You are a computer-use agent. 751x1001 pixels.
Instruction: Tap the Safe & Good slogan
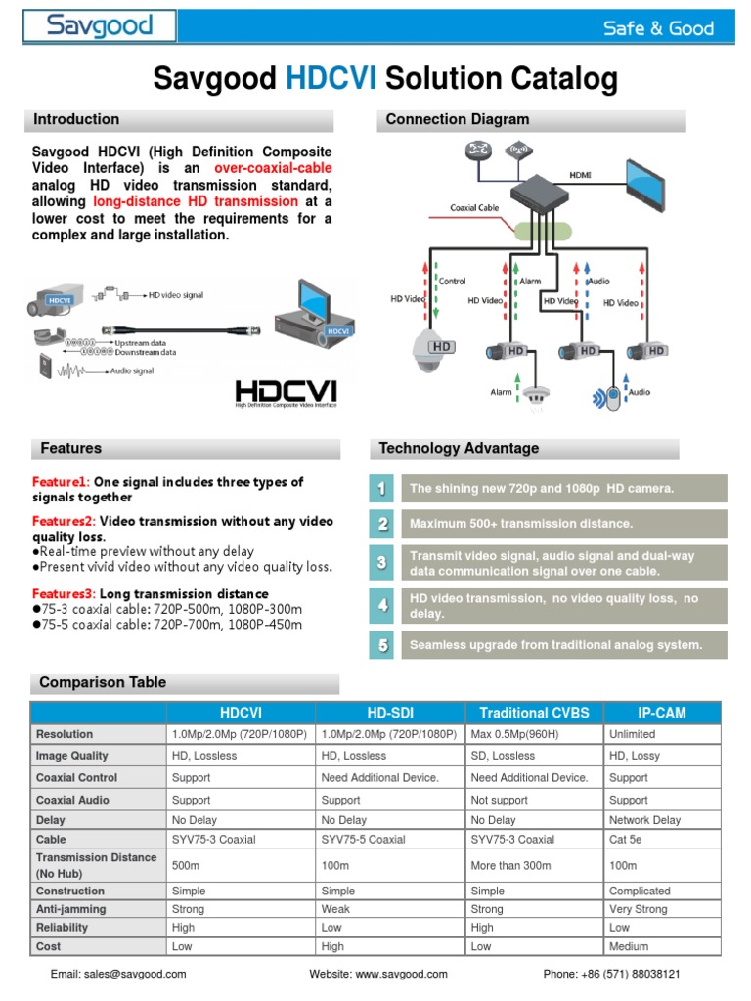pyautogui.click(x=658, y=28)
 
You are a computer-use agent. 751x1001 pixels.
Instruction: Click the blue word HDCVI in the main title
pyautogui.click(x=331, y=79)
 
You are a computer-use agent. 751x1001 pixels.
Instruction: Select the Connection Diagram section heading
pyautogui.click(x=458, y=119)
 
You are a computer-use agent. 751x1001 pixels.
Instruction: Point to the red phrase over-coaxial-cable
pyautogui.click(x=273, y=169)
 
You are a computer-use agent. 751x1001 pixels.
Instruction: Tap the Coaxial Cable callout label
pyautogui.click(x=476, y=207)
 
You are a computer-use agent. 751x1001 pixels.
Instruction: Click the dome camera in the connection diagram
pyautogui.click(x=436, y=349)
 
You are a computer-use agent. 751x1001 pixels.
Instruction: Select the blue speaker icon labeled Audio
pyautogui.click(x=611, y=396)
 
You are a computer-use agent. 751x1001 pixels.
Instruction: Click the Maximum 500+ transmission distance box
pyautogui.click(x=564, y=525)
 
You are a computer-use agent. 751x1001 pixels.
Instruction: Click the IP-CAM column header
pyautogui.click(x=662, y=713)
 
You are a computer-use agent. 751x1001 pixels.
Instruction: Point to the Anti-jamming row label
pyautogui.click(x=70, y=909)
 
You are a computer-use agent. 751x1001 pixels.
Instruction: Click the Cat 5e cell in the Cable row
pyautogui.click(x=628, y=839)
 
